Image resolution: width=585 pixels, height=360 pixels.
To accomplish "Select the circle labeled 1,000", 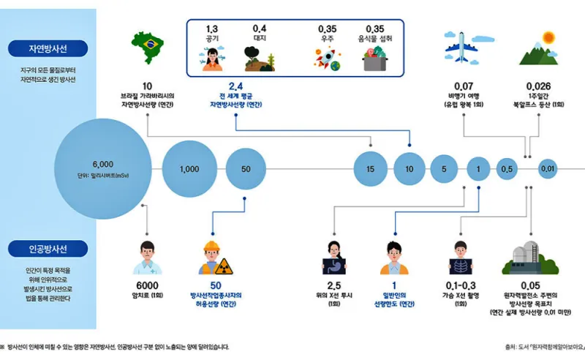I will click(189, 169).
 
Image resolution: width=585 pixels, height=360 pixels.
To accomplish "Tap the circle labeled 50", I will click(246, 169).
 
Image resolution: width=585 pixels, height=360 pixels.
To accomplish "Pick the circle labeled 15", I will click(371, 169).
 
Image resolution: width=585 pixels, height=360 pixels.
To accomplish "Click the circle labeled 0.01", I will click(548, 169).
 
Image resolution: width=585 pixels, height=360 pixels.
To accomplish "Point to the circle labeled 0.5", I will click(507, 169).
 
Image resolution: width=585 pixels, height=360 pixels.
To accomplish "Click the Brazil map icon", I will click(146, 45).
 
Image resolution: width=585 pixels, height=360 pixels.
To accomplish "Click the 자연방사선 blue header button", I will click(48, 49).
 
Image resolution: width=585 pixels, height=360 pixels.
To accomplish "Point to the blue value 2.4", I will click(235, 86).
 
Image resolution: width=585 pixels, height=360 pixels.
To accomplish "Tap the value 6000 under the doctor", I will click(147, 285).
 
